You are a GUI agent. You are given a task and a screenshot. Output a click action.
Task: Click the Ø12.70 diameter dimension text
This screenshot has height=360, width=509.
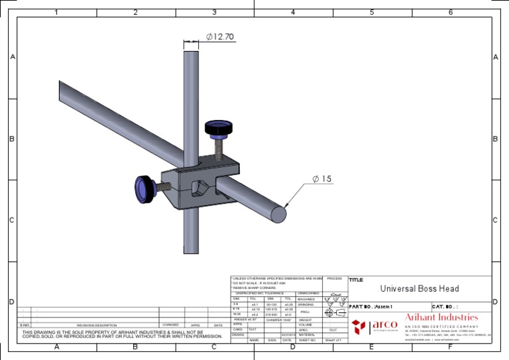tap(220, 38)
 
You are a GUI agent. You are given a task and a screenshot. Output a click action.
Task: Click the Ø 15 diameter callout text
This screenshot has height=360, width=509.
tap(322, 178)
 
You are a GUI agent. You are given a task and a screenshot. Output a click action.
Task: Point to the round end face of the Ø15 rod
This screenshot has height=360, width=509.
tap(278, 214)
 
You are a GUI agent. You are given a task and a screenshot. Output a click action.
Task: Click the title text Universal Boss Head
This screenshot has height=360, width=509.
tap(419, 288)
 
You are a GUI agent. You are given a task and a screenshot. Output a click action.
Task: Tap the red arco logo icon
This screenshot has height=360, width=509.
tap(358, 326)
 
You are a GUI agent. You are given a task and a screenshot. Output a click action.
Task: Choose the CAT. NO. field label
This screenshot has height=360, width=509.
tap(445, 306)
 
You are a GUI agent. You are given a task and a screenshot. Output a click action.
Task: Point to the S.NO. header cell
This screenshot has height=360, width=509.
tap(25, 326)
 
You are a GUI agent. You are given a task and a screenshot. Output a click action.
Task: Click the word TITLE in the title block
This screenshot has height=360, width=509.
tap(356, 280)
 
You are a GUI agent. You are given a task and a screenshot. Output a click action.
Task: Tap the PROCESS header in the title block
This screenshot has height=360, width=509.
tap(334, 278)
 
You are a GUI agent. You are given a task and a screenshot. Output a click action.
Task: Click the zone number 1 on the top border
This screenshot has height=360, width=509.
tap(56, 12)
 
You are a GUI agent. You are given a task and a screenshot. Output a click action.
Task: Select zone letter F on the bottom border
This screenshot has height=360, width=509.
tap(450, 347)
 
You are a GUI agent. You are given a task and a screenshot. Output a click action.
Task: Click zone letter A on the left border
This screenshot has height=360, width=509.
tap(13, 58)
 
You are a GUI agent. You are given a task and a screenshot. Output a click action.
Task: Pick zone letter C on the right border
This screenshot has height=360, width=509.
tap(495, 220)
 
